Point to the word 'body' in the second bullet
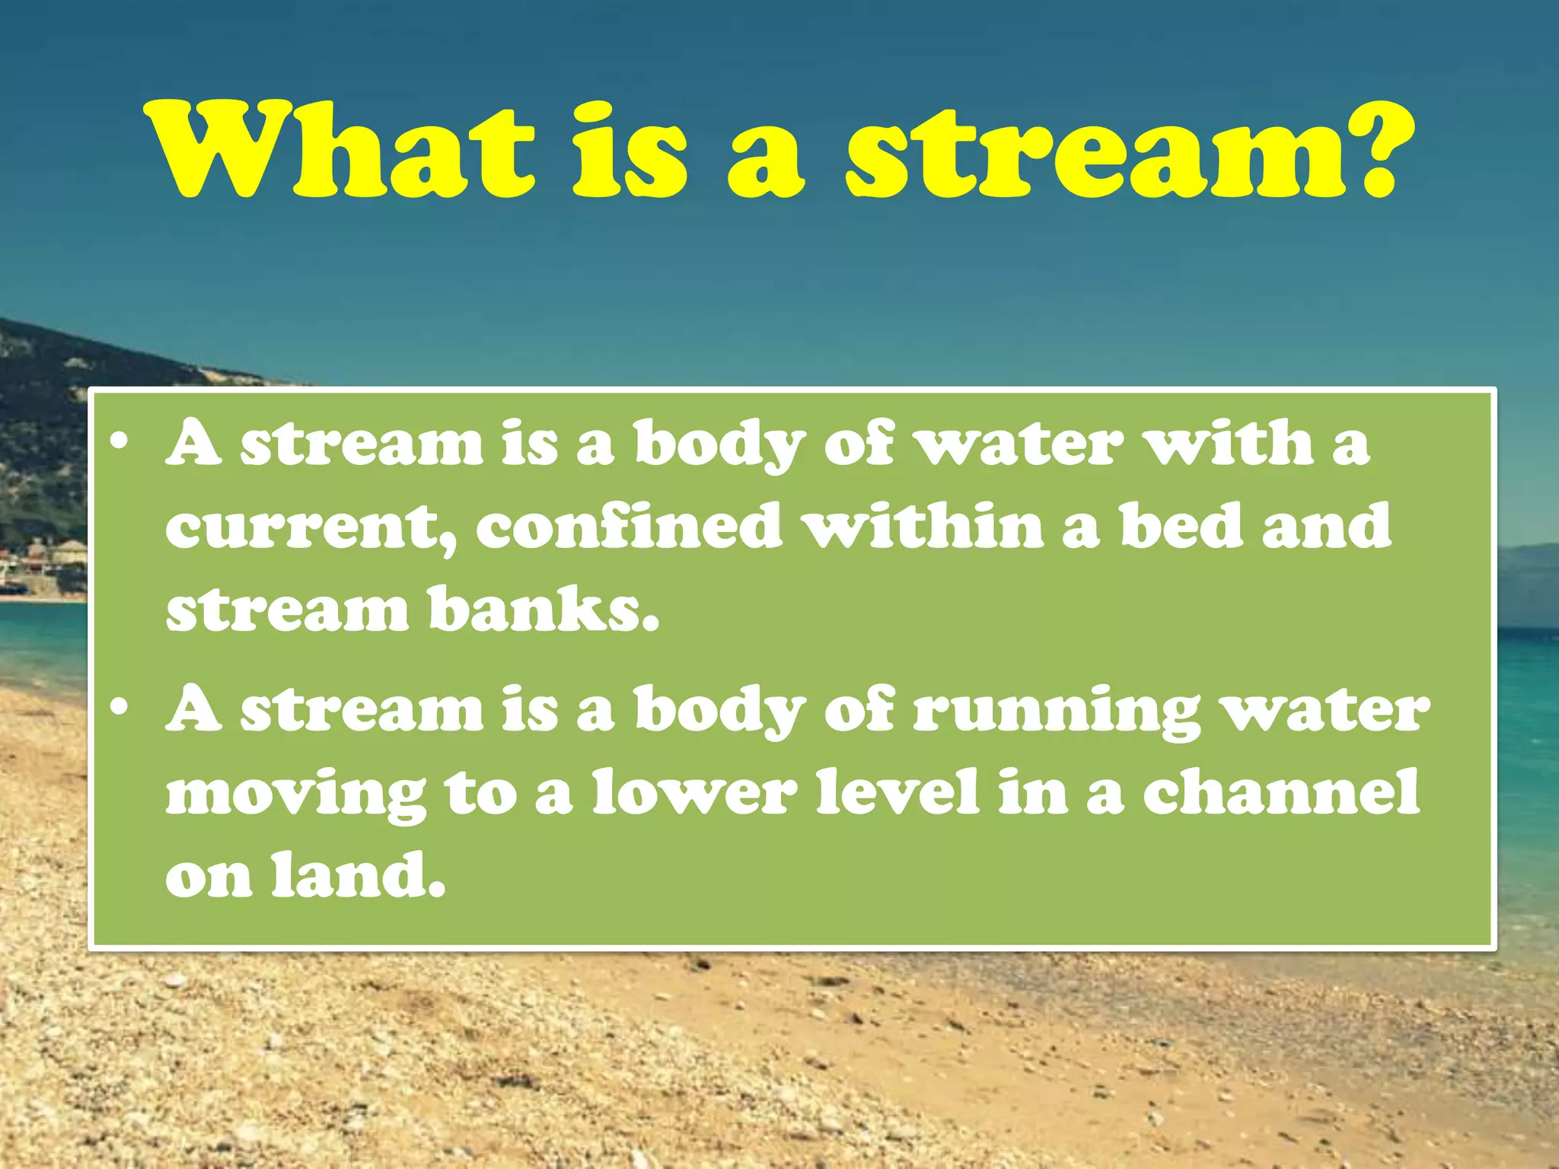720,712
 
